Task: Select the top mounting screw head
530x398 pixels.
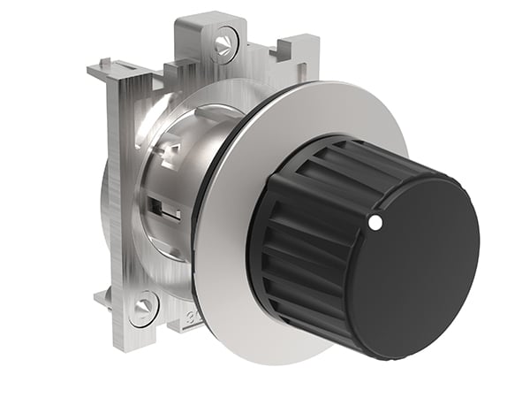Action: pos(225,41)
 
